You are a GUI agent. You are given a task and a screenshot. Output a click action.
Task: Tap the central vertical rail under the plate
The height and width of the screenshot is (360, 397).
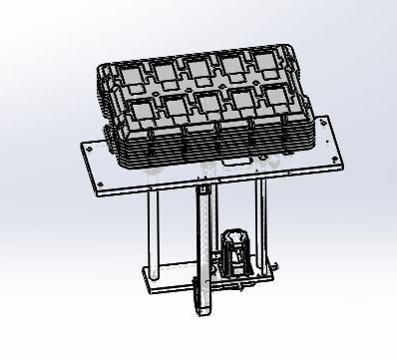click(202, 239)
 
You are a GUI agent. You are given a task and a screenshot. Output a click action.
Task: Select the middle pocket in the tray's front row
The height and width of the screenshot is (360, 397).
click(209, 105)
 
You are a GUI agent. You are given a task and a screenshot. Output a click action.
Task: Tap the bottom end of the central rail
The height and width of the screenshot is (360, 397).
click(205, 305)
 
